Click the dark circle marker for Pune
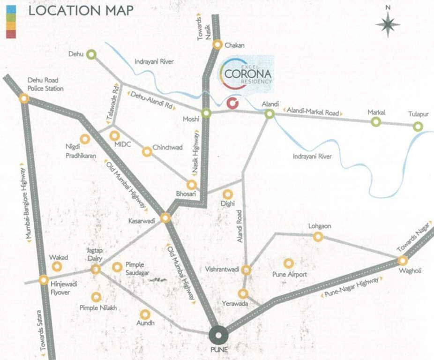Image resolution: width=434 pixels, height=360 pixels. tap(218, 335)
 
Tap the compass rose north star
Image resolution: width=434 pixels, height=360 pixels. tap(388, 24)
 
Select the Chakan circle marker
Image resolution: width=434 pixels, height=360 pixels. tap(217, 45)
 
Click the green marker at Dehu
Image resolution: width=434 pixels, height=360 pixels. tap(91, 54)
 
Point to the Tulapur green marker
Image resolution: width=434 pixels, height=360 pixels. tap(418, 126)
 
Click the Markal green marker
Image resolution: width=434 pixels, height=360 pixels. tap(376, 122)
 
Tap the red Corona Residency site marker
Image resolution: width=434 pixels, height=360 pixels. tap(232, 103)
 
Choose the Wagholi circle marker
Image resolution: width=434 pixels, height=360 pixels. tap(403, 261)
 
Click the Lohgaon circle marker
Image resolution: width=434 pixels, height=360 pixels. tap(318, 237)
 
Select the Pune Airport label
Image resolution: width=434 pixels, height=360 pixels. tap(290, 274)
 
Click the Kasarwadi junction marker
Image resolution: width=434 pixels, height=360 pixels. tap(165, 218)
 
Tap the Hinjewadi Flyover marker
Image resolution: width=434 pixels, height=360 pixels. tap(44, 280)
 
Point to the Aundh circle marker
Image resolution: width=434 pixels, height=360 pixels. tap(145, 314)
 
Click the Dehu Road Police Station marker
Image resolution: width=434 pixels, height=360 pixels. tap(23, 98)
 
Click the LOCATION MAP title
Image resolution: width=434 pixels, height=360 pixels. tap(81, 10)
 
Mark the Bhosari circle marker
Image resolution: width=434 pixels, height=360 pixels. tap(191, 185)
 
